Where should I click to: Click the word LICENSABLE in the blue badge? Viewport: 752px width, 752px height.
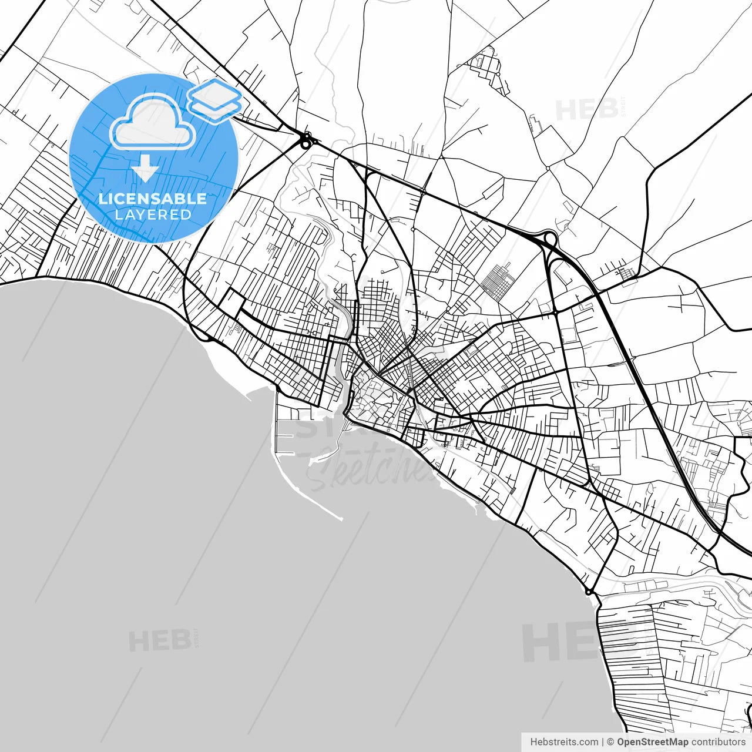tap(153, 199)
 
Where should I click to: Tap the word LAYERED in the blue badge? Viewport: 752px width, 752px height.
tap(153, 214)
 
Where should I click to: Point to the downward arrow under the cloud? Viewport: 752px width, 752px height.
tap(145, 169)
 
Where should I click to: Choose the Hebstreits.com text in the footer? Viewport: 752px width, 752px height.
tap(564, 742)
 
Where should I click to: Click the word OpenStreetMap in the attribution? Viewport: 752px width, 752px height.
tap(652, 742)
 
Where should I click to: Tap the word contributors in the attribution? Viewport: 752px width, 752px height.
tap(718, 742)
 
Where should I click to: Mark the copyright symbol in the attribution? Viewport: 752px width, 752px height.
tap(610, 742)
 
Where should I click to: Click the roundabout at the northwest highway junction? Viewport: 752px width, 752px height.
tap(305, 141)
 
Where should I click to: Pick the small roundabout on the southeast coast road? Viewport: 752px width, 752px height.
tap(588, 591)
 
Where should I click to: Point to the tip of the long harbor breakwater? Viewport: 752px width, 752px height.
tap(341, 519)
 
